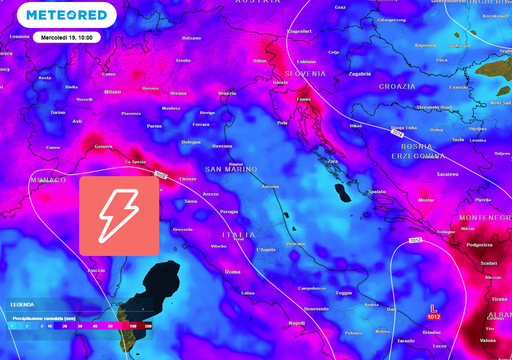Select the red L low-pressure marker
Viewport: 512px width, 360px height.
pyautogui.click(x=432, y=307)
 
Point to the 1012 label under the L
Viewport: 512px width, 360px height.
pyautogui.click(x=432, y=316)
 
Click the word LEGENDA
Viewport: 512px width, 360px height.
pyautogui.click(x=22, y=303)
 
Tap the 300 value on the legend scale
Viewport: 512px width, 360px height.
pyautogui.click(x=148, y=325)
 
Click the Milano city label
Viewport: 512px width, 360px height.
pyautogui.click(x=112, y=92)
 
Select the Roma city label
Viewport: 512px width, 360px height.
pyautogui.click(x=233, y=271)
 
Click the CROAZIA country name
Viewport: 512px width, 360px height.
pyautogui.click(x=397, y=86)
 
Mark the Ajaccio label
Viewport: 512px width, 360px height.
pyautogui.click(x=96, y=270)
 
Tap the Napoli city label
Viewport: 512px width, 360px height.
pyautogui.click(x=295, y=323)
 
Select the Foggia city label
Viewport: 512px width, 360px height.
pyautogui.click(x=344, y=293)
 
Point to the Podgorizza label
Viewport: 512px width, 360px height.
pyautogui.click(x=479, y=244)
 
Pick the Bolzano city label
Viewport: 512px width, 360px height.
pyautogui.click(x=192, y=38)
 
